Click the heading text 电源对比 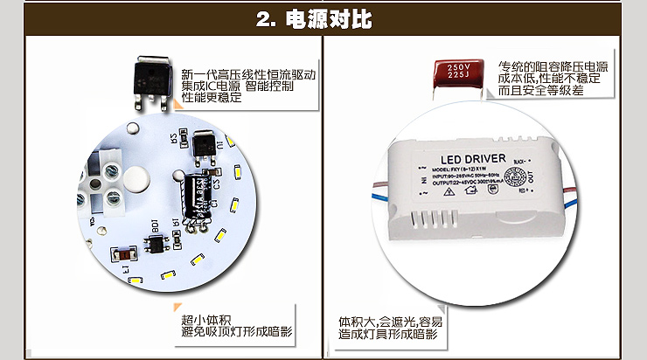[337, 19]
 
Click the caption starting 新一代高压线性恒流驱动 [247, 74]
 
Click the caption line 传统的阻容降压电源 [553, 67]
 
